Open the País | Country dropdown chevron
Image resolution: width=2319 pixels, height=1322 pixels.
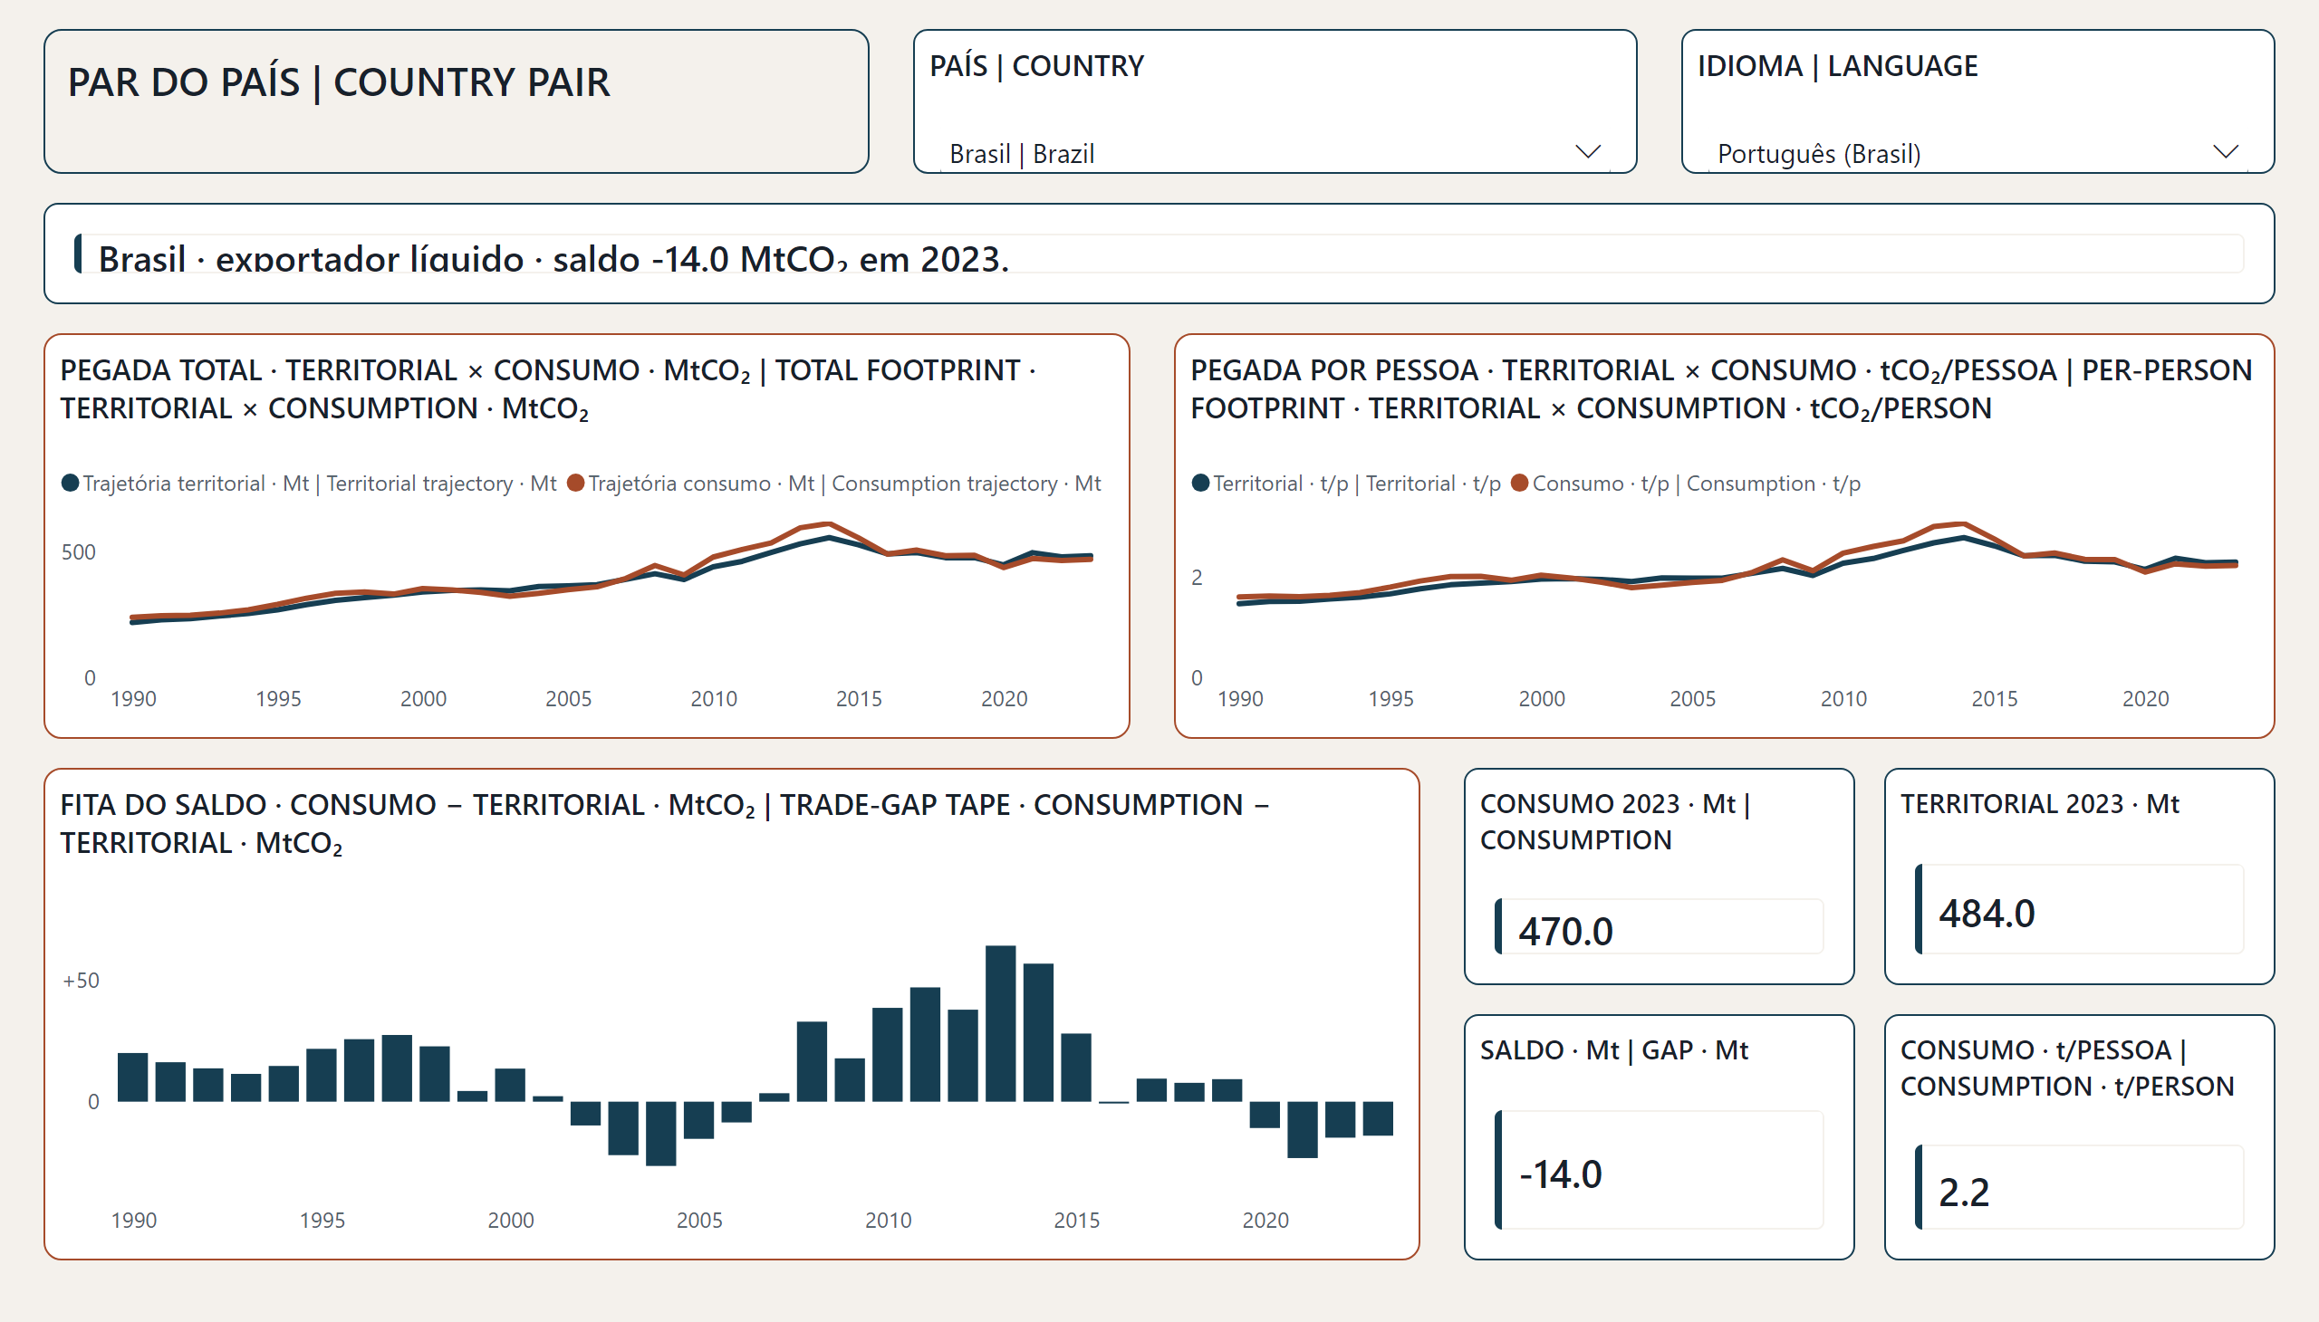coord(1587,151)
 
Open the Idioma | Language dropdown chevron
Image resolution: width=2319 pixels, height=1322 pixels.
coord(2225,151)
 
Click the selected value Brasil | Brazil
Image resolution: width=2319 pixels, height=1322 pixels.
coord(1021,153)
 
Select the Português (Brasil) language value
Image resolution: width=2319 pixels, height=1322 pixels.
coord(1818,153)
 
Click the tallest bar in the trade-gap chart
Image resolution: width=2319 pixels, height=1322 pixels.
coord(1000,1023)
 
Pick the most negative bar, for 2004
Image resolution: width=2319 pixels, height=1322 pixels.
coord(660,1133)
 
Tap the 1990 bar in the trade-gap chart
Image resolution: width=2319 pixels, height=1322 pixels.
coord(132,1077)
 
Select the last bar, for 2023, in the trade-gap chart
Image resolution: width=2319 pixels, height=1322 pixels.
coord(1378,1118)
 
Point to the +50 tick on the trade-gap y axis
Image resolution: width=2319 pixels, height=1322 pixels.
coord(81,981)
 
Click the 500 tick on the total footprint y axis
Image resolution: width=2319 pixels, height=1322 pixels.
coord(78,552)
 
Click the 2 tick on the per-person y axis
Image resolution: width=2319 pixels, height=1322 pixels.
coord(1197,578)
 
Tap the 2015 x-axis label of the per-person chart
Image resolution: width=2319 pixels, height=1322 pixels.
coord(1994,698)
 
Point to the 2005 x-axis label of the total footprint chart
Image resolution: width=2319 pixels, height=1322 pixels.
coord(568,698)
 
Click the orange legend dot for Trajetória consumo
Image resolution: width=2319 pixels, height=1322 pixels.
coord(575,482)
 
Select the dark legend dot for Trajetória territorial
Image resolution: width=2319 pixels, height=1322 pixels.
coord(70,482)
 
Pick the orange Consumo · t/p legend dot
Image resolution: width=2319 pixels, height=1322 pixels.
coord(1520,482)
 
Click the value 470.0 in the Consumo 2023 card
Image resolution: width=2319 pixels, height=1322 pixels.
coord(1565,931)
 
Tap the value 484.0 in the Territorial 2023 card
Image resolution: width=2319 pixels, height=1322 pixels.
coord(1986,914)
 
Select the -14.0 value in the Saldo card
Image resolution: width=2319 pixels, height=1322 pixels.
coord(1561,1174)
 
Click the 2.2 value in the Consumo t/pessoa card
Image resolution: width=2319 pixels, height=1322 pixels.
coord(1963,1193)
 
